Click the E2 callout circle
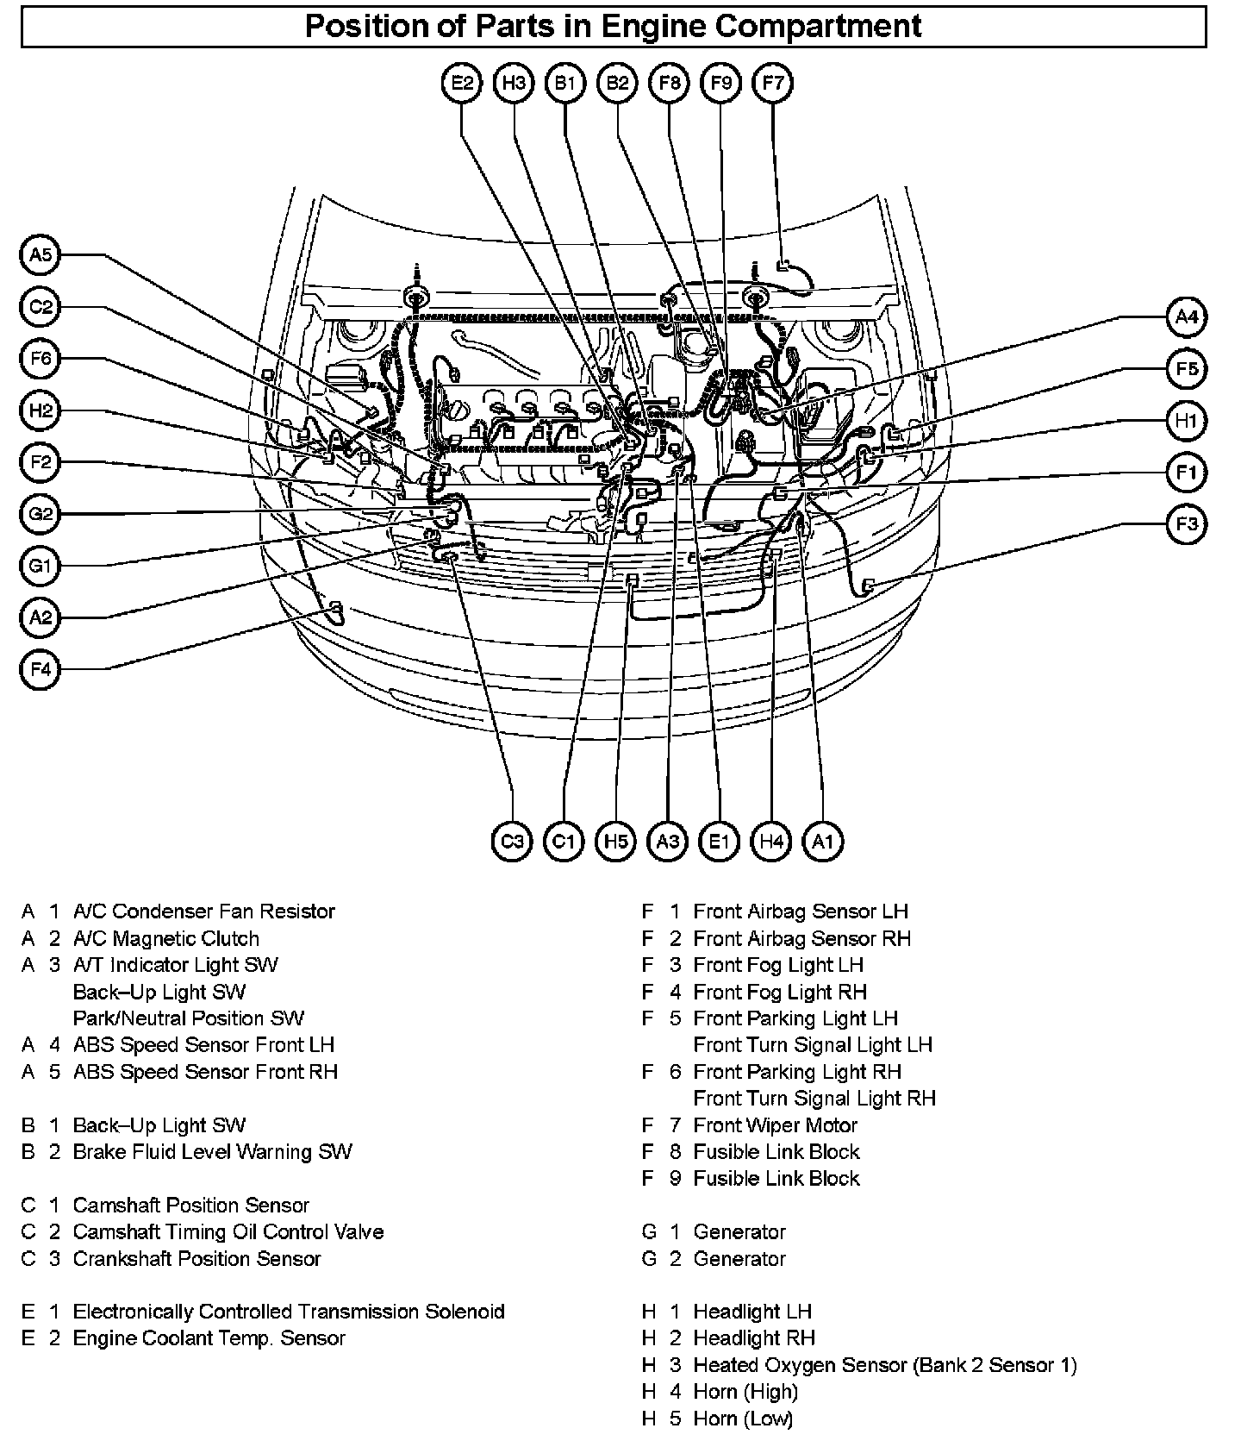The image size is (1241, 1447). click(463, 83)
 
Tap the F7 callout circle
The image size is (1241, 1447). click(773, 83)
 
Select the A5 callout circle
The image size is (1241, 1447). click(41, 255)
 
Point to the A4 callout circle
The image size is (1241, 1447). click(1187, 317)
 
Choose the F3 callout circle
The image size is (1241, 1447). click(1187, 524)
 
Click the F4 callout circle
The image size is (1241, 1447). click(41, 669)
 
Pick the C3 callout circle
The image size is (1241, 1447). click(512, 841)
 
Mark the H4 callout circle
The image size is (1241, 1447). click(771, 841)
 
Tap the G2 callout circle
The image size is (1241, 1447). click(41, 515)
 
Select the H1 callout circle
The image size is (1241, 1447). click(1187, 421)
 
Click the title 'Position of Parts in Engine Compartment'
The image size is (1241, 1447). click(613, 26)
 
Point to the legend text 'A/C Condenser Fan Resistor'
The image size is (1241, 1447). click(203, 911)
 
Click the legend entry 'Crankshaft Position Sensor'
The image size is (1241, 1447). click(196, 1259)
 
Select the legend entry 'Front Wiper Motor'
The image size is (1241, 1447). click(775, 1125)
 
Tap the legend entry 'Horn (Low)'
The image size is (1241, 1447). click(743, 1419)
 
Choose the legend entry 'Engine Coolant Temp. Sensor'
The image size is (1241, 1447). click(209, 1338)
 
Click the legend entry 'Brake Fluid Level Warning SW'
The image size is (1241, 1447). click(212, 1152)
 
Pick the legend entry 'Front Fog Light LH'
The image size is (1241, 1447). click(777, 965)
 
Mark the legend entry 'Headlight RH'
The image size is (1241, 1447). click(753, 1338)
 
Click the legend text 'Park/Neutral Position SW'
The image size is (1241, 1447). click(188, 1018)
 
